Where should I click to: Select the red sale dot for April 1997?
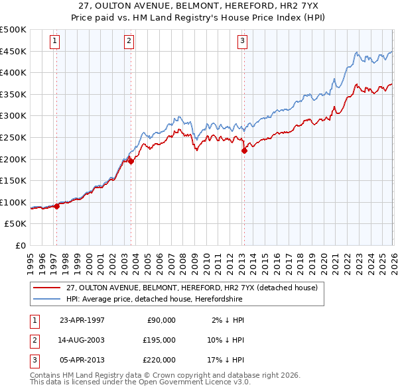coord(57,206)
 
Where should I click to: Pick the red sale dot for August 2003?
coord(131,160)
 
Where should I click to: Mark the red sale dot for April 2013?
coord(244,150)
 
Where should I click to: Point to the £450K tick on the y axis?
coord(13,52)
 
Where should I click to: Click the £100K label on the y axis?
coord(13,203)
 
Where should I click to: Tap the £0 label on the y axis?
coord(20,246)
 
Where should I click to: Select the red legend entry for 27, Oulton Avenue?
coord(192,288)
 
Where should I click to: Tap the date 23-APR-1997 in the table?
coord(82,320)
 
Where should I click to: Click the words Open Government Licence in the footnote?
coord(188,383)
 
